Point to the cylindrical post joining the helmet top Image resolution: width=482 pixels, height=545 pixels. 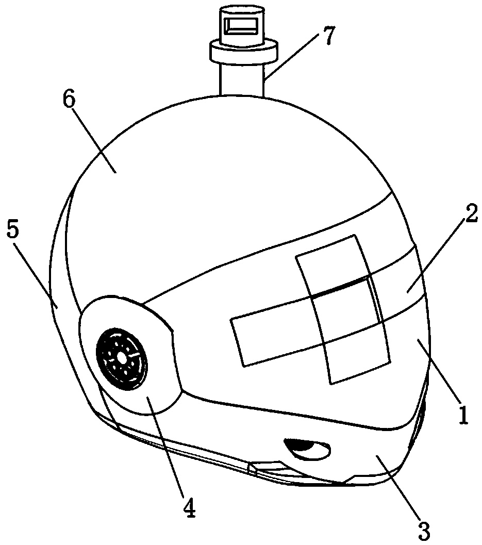pos(242,79)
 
